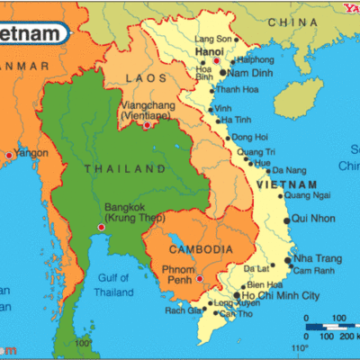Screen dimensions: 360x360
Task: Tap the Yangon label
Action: click(x=31, y=154)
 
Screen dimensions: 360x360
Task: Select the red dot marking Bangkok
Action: click(x=100, y=227)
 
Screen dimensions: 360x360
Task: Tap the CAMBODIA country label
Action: click(x=202, y=248)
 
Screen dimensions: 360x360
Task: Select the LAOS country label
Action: click(x=147, y=78)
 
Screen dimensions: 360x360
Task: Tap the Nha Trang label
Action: click(x=316, y=258)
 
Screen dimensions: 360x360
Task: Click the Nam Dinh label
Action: click(x=251, y=72)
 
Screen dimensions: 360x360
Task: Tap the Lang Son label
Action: click(x=213, y=39)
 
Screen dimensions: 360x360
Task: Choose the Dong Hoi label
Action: click(x=249, y=137)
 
